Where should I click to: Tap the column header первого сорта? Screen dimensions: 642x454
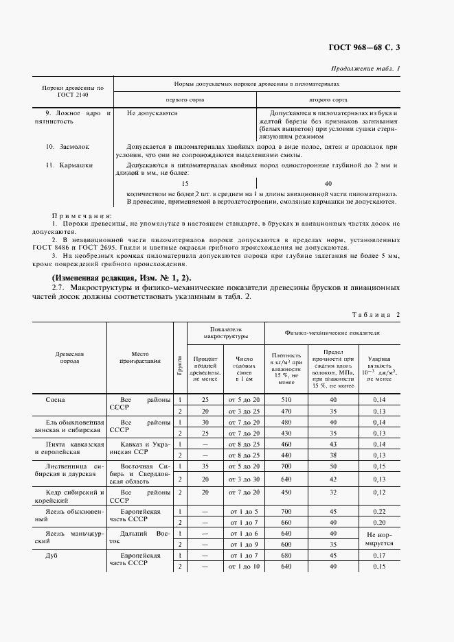[x=184, y=99]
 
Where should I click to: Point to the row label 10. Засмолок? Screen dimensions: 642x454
[x=67, y=147]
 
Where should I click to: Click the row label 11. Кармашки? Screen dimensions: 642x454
[x=68, y=165]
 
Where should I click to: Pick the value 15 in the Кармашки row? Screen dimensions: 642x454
[x=184, y=184]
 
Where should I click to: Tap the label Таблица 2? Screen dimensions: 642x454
[x=375, y=314]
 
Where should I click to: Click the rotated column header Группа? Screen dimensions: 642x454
[x=180, y=359]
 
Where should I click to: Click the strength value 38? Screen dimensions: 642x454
[x=333, y=455]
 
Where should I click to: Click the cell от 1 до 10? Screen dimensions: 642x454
[x=244, y=567]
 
